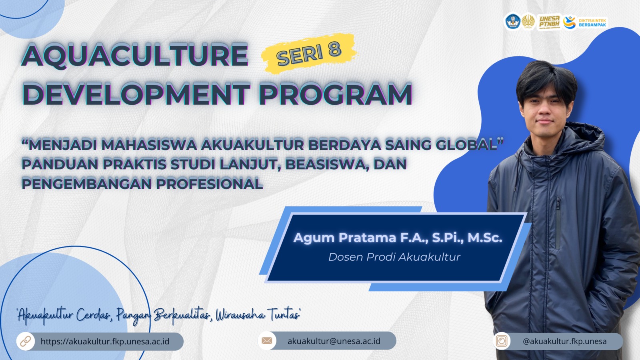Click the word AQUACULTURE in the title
click(135, 55)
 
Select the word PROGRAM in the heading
click(335, 93)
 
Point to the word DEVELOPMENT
click(136, 93)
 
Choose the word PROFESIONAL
click(209, 184)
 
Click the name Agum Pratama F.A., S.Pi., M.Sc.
click(398, 238)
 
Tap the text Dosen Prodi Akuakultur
click(394, 257)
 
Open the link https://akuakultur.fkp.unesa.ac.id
click(105, 342)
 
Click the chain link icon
click(26, 342)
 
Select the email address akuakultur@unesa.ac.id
click(334, 341)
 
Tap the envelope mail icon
click(267, 340)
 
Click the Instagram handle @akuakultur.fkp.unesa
click(564, 342)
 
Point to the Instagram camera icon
click(502, 341)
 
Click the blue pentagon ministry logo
click(513, 22)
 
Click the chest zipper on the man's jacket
click(558, 223)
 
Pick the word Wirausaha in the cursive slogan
click(240, 315)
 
